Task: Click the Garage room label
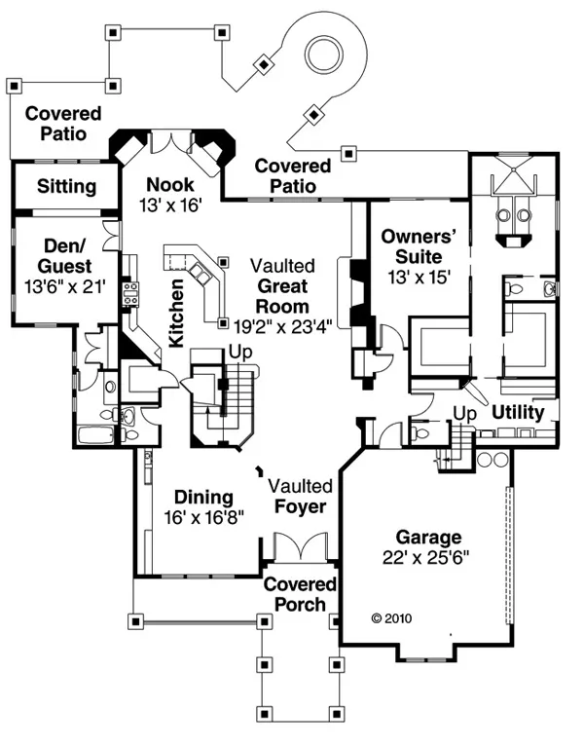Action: (x=428, y=537)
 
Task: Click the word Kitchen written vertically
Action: (x=177, y=314)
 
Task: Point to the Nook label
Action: (x=170, y=185)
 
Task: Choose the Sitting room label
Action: (x=66, y=186)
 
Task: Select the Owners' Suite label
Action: (x=412, y=246)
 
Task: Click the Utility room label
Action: (x=517, y=413)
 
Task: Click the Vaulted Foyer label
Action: (x=301, y=496)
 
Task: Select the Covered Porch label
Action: (x=300, y=594)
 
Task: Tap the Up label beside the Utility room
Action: (x=464, y=414)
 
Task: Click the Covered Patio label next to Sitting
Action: (x=56, y=124)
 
